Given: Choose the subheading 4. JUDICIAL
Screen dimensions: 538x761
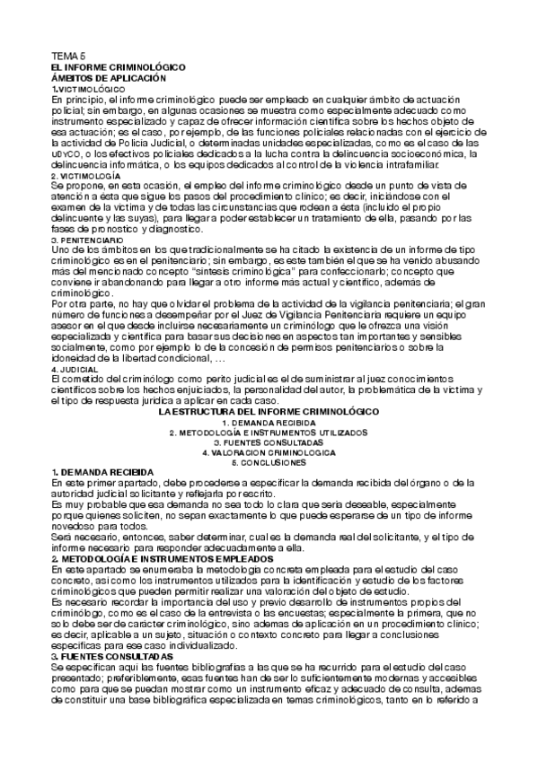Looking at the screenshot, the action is click(75, 370).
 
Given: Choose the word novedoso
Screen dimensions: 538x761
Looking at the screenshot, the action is click(81, 527).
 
